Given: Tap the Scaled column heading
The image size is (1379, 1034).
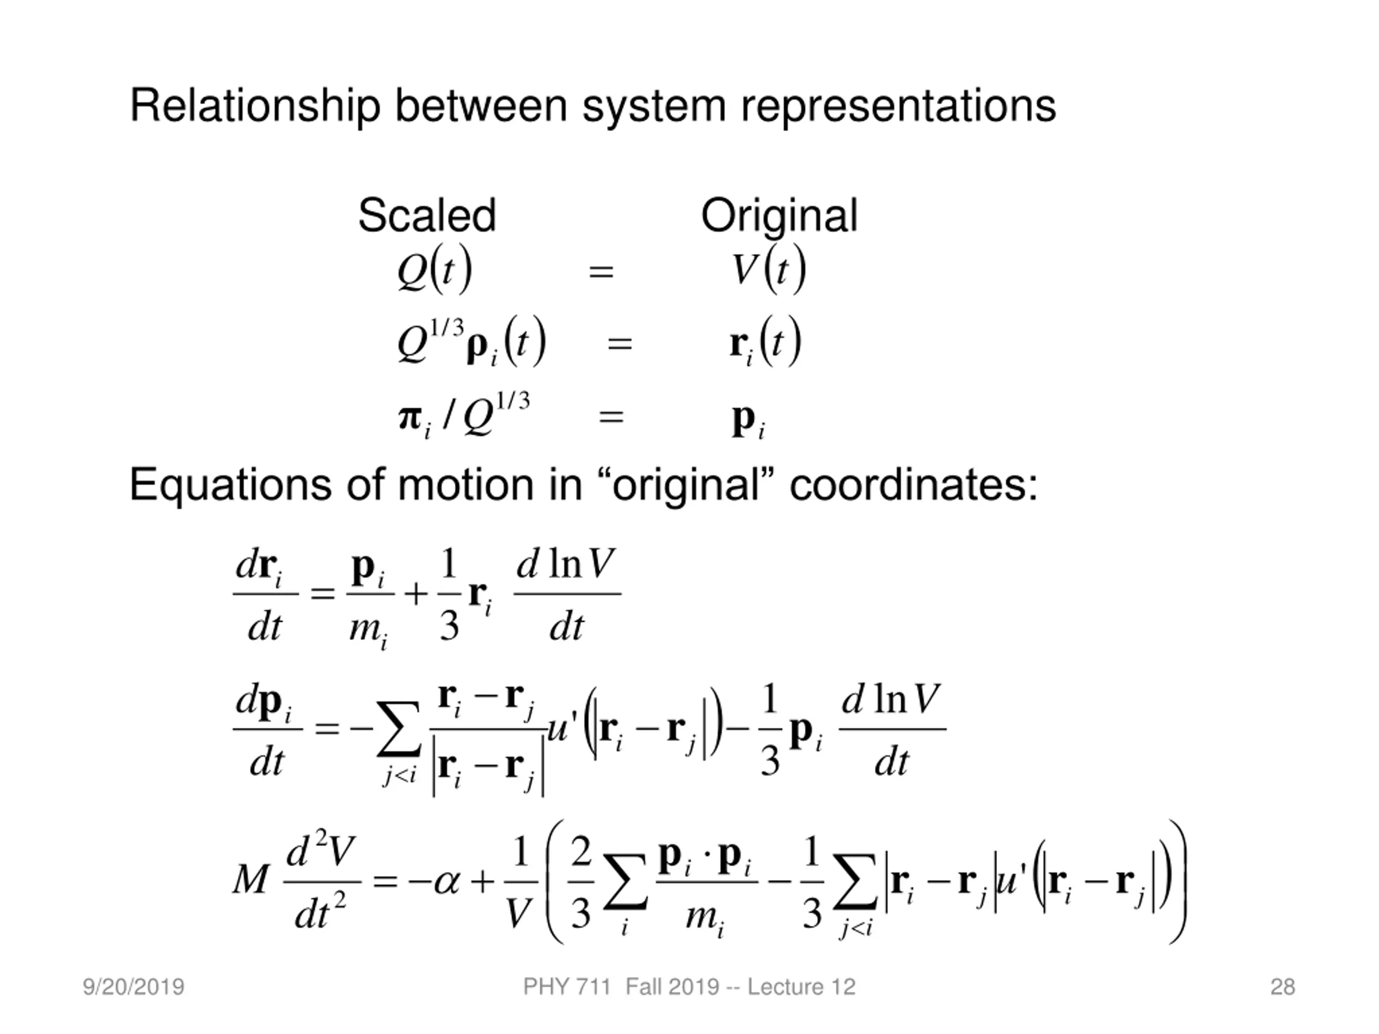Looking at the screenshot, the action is click(427, 215).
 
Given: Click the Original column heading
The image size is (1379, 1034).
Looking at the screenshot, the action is click(779, 215).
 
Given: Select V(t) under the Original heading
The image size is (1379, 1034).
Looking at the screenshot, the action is click(769, 270).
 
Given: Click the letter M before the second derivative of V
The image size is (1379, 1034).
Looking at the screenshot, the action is click(250, 881).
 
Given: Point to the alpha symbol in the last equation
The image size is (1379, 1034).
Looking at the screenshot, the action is click(447, 881).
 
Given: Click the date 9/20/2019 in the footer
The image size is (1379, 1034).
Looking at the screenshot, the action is click(134, 987).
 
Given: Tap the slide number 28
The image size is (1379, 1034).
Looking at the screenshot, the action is click(1283, 987).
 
